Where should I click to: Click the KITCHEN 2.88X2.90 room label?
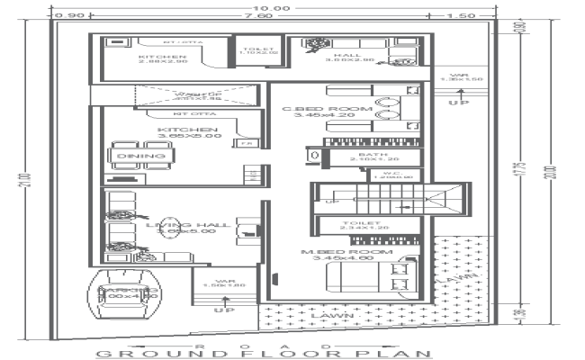[x=162, y=59]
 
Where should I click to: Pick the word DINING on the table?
[x=141, y=157]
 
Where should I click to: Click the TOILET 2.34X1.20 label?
[x=364, y=227]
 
